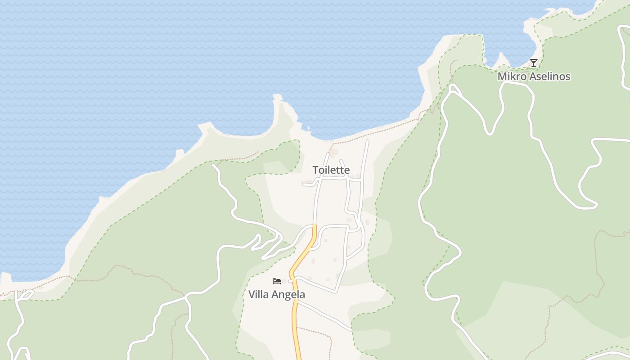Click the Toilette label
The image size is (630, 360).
pyautogui.click(x=331, y=170)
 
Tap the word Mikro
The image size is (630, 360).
pyautogui.click(x=511, y=76)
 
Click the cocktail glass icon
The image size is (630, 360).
pyautogui.click(x=534, y=63)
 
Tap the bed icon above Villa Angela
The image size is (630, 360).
pyautogui.click(x=277, y=281)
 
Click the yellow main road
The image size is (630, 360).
pyautogui.click(x=295, y=315)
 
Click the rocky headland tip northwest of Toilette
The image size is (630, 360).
pyautogui.click(x=277, y=96)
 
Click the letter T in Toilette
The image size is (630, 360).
pyautogui.click(x=316, y=170)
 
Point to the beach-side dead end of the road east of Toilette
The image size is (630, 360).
pyautogui.click(x=368, y=141)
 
